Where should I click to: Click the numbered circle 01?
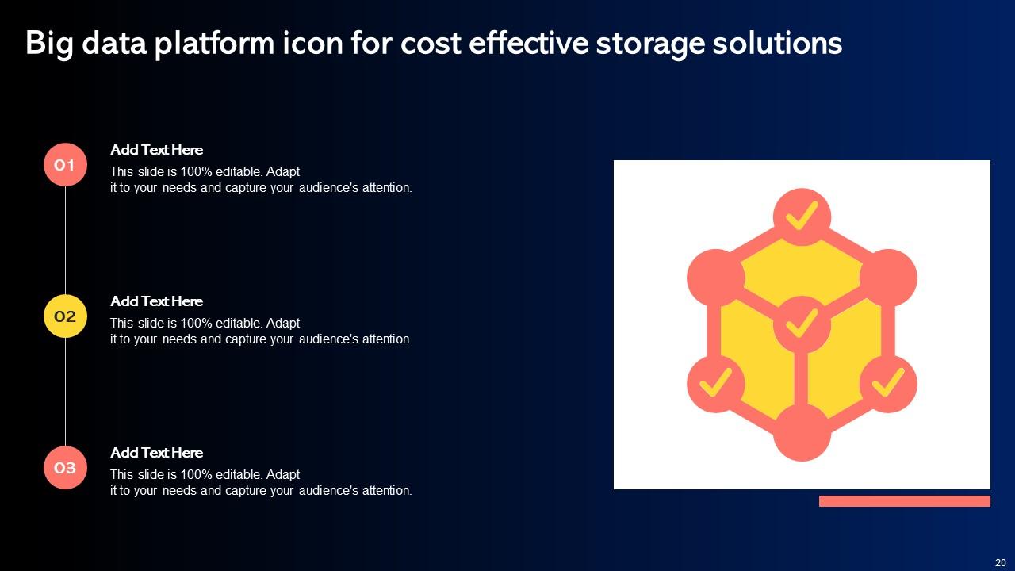point(65,165)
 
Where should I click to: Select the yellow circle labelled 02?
point(65,316)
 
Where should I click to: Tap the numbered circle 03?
point(65,468)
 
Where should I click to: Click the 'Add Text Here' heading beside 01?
point(156,150)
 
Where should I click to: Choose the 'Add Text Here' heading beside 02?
point(156,301)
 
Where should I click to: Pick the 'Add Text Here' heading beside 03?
point(156,453)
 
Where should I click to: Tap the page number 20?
point(1000,562)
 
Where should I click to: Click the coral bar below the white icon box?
point(904,501)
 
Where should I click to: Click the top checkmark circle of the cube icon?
point(802,217)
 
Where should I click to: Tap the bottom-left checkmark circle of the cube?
point(715,384)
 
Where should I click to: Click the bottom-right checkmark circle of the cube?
point(888,384)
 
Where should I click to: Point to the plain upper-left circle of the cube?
point(715,278)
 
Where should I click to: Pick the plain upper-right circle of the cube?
point(888,278)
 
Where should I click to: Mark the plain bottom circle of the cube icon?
point(802,433)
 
